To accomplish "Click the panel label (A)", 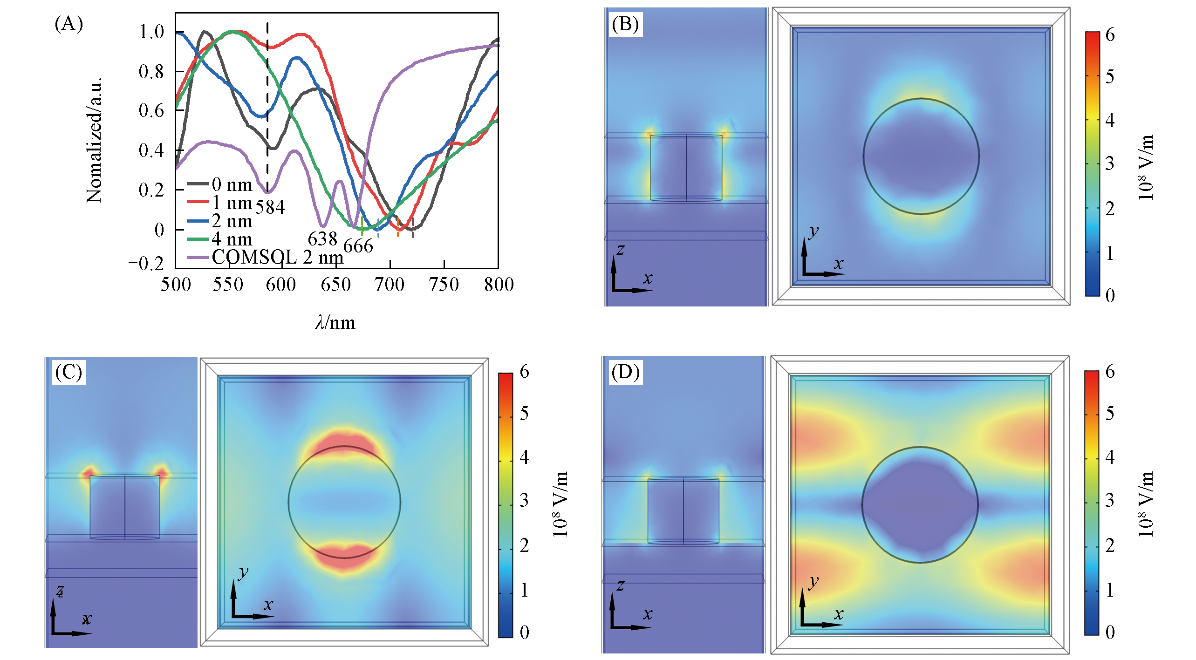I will click(68, 23).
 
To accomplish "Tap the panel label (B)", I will click(625, 24).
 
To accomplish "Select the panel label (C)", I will click(68, 372).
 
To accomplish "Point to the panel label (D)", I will click(625, 372).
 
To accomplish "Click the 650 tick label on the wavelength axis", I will click(335, 285).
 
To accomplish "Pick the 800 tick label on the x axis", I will click(499, 285).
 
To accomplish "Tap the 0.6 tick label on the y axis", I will click(151, 111).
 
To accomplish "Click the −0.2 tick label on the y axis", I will click(146, 264).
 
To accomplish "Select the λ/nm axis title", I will click(335, 323).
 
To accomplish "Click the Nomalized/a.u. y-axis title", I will click(94, 140).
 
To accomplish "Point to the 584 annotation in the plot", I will click(270, 207).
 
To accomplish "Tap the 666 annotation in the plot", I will click(358, 246).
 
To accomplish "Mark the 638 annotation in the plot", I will click(322, 239).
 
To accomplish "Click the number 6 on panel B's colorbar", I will click(1110, 35).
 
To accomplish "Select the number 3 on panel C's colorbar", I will click(524, 501).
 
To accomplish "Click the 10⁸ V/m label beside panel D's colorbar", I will click(1146, 504).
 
